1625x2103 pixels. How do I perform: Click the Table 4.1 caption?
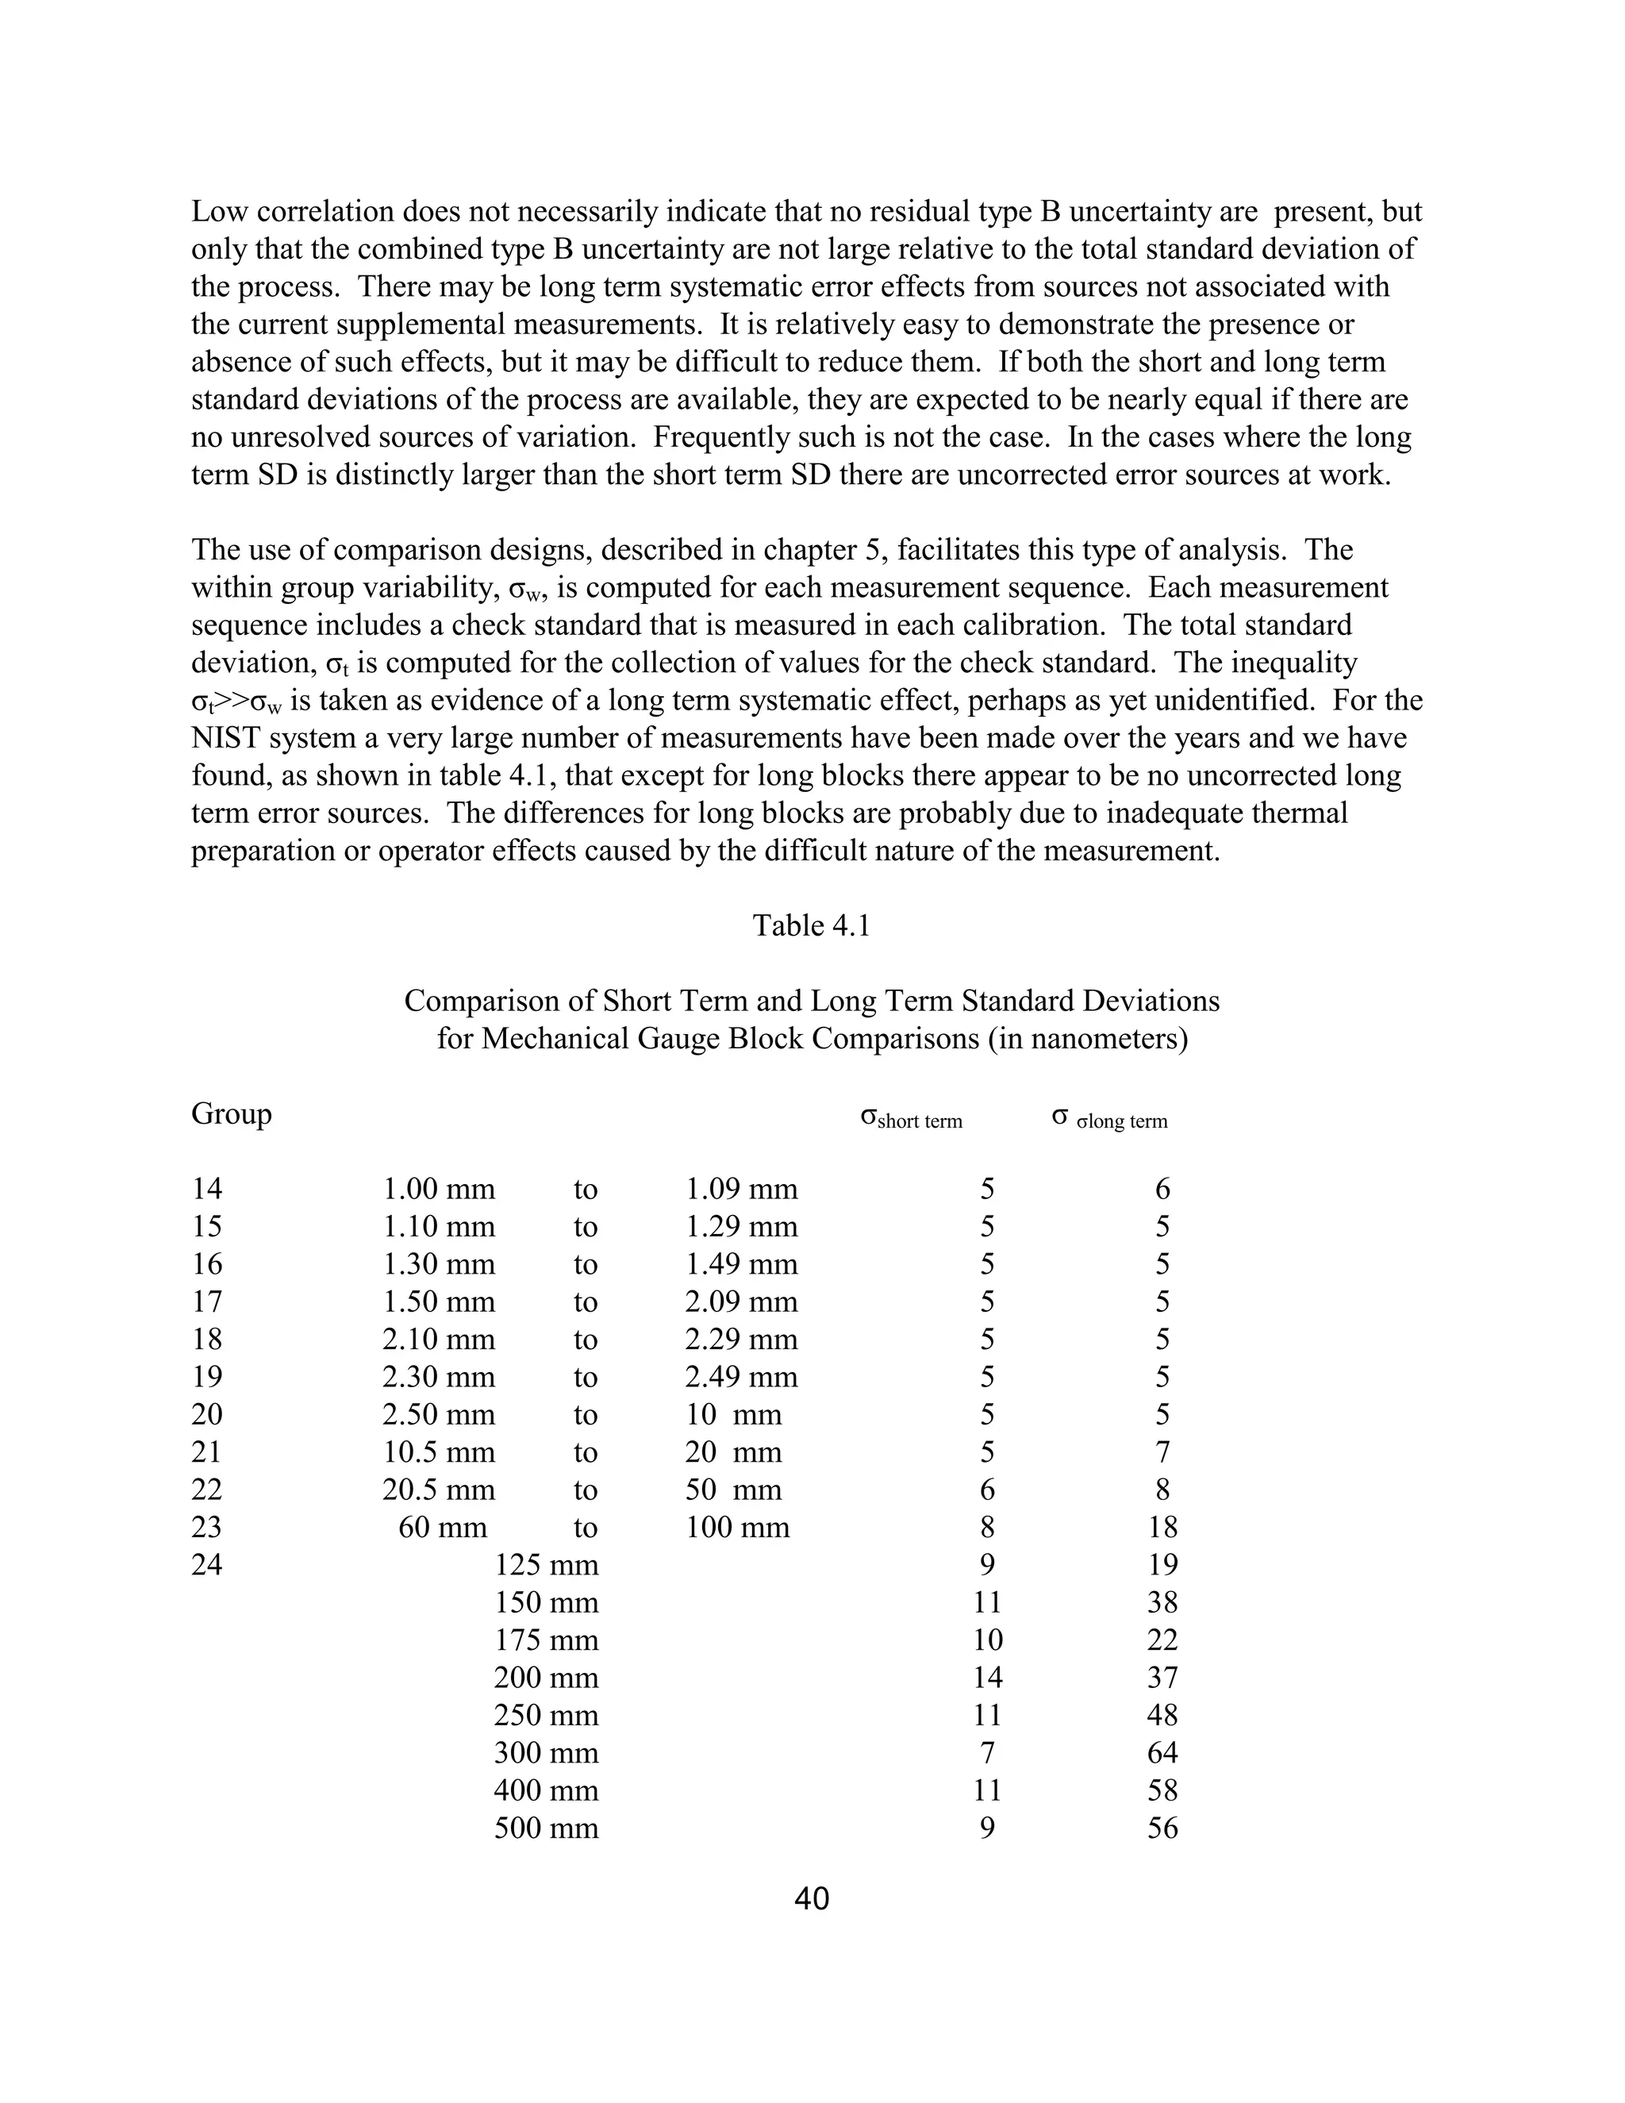coord(812,925)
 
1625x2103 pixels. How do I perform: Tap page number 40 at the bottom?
coord(812,1899)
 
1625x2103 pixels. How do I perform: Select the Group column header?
coord(231,1114)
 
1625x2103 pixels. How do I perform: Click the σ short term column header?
coord(911,1119)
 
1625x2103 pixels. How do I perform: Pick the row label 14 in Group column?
coord(207,1190)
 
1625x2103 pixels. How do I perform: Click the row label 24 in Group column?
coord(207,1565)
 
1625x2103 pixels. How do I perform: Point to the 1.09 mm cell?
coord(741,1190)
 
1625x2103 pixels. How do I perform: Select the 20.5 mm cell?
coord(438,1490)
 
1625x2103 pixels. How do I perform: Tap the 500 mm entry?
coord(546,1828)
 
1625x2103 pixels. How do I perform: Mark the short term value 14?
coord(987,1678)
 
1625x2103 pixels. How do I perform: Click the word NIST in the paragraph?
coord(226,739)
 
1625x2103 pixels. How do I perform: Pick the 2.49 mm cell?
coord(741,1377)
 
